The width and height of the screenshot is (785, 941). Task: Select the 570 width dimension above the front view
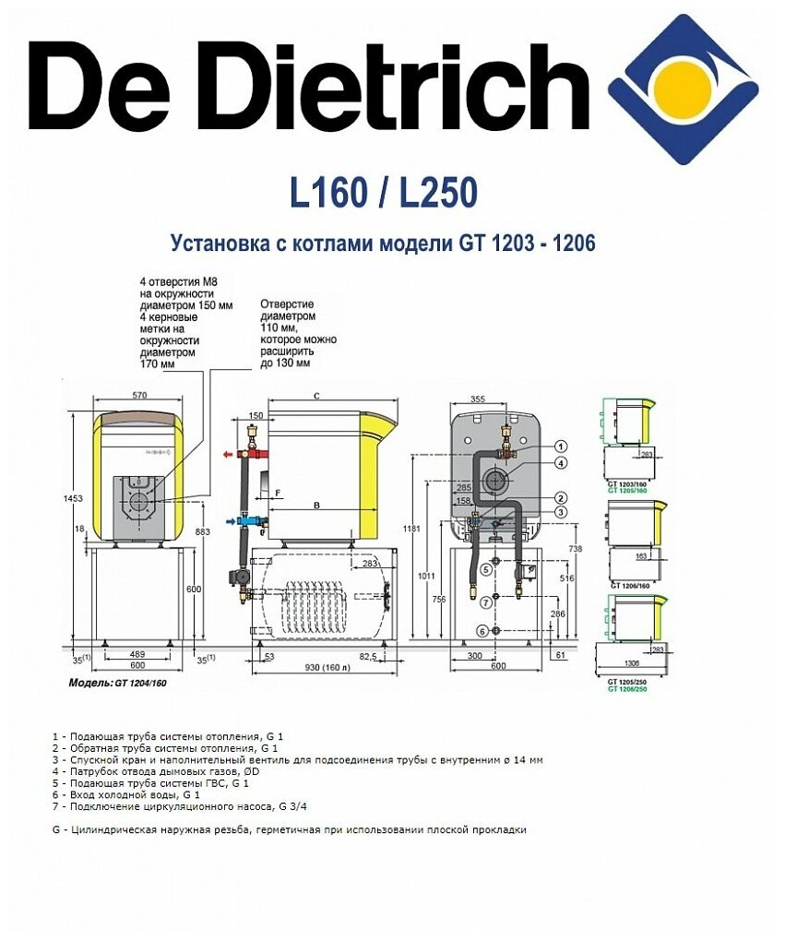[x=139, y=396]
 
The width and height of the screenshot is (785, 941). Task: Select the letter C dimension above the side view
[x=315, y=396]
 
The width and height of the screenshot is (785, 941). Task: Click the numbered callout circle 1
[x=561, y=447]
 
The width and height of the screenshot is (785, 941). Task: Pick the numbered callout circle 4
[x=561, y=463]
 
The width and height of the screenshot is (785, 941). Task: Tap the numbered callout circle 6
[x=482, y=631]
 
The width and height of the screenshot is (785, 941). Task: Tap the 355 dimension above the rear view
[x=477, y=399]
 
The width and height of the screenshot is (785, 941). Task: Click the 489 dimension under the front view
[x=137, y=653]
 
